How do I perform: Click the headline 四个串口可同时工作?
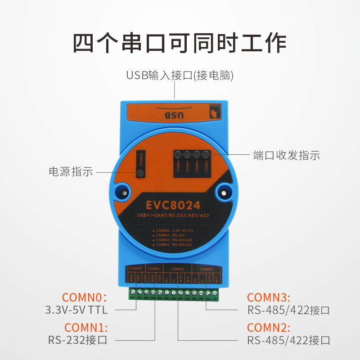coord(180,43)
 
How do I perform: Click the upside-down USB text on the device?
coord(173,116)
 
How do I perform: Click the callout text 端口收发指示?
coord(287,156)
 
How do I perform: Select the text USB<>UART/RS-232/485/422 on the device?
coord(173,216)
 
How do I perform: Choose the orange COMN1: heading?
coord(86,328)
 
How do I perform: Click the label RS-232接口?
coord(78,340)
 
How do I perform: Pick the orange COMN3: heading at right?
coord(269,297)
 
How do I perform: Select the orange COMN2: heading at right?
coord(269,328)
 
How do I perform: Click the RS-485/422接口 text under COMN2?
coord(288,340)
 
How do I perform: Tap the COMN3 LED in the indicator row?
coord(206,155)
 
